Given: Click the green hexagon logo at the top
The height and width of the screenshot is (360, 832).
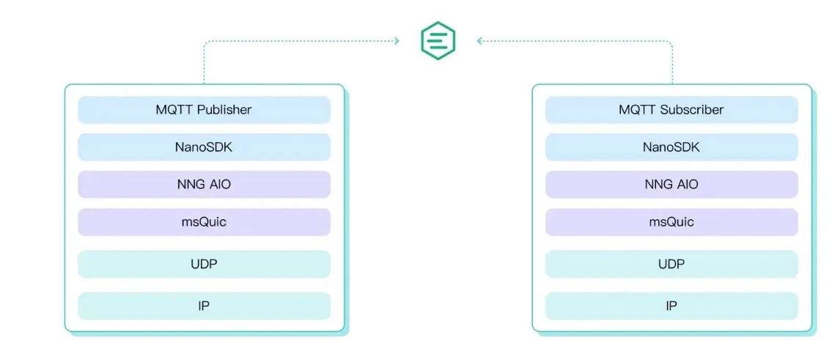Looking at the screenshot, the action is pos(438,40).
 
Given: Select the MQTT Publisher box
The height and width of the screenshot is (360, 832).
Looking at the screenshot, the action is pos(204,110).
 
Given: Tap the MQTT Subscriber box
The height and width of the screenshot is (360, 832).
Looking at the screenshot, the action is pos(671,110).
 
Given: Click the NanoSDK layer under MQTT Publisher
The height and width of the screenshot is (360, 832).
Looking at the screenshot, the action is pos(204,147).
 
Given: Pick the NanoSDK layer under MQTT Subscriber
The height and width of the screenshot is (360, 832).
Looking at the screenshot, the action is pos(671,147).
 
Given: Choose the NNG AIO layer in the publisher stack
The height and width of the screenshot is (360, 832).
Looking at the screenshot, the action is pos(204,184).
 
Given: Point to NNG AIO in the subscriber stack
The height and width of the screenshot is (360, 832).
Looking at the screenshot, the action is pos(671,184).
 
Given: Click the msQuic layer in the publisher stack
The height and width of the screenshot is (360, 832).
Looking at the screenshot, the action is pos(204,222).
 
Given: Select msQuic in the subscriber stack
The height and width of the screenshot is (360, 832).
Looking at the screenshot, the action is pos(671,222).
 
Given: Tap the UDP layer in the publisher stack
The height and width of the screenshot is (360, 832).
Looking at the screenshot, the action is pos(204,264).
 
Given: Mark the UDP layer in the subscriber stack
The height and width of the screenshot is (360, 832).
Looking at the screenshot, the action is pos(671,264).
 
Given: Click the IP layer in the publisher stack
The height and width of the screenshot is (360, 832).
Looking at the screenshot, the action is pos(204,306).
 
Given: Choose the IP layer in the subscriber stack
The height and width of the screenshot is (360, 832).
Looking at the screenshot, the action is pos(671,306).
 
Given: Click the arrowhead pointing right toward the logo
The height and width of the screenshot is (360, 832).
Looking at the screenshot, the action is pos(397,41).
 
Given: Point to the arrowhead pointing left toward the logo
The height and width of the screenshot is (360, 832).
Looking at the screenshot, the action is pos(480,41).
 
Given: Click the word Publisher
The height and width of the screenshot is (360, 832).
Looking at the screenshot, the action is pos(224,110).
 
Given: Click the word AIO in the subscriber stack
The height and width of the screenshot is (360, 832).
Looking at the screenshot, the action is pos(687,184).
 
